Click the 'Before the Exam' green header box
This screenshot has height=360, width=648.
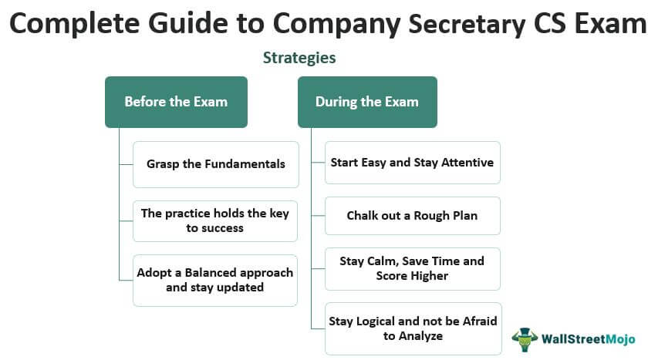tap(176, 102)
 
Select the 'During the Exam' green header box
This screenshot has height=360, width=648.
tap(367, 102)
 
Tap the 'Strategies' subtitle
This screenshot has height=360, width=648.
tap(299, 58)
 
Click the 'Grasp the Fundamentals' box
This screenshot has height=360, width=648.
tap(216, 164)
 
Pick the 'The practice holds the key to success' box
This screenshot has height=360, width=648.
tap(215, 221)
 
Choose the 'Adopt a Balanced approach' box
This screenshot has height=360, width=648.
tap(215, 281)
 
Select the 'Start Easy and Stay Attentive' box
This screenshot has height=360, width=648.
tap(413, 163)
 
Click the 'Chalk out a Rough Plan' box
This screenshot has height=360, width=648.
tap(413, 216)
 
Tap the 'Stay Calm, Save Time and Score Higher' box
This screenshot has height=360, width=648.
tap(413, 269)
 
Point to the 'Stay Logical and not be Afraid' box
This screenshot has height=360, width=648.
tap(413, 328)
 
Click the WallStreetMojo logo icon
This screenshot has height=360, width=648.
tap(525, 339)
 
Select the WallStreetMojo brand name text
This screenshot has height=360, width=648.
tap(589, 339)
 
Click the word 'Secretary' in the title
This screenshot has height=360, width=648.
tap(467, 24)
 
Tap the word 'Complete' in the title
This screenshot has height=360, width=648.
tap(74, 24)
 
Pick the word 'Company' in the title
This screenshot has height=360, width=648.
tap(337, 24)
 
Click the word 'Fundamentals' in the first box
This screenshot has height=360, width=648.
tap(245, 164)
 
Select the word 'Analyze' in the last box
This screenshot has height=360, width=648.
tap(420, 336)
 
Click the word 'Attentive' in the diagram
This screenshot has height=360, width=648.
tap(467, 162)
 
